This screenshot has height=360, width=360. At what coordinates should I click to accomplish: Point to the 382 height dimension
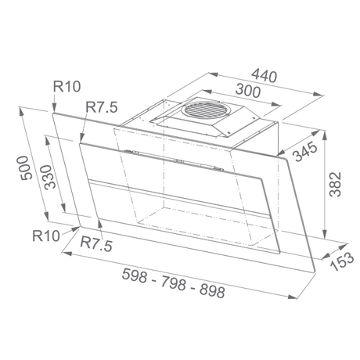coord(337,185)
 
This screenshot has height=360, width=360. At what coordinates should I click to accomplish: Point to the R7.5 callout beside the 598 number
coord(99,246)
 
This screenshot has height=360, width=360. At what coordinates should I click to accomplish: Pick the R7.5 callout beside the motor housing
coord(99,105)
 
